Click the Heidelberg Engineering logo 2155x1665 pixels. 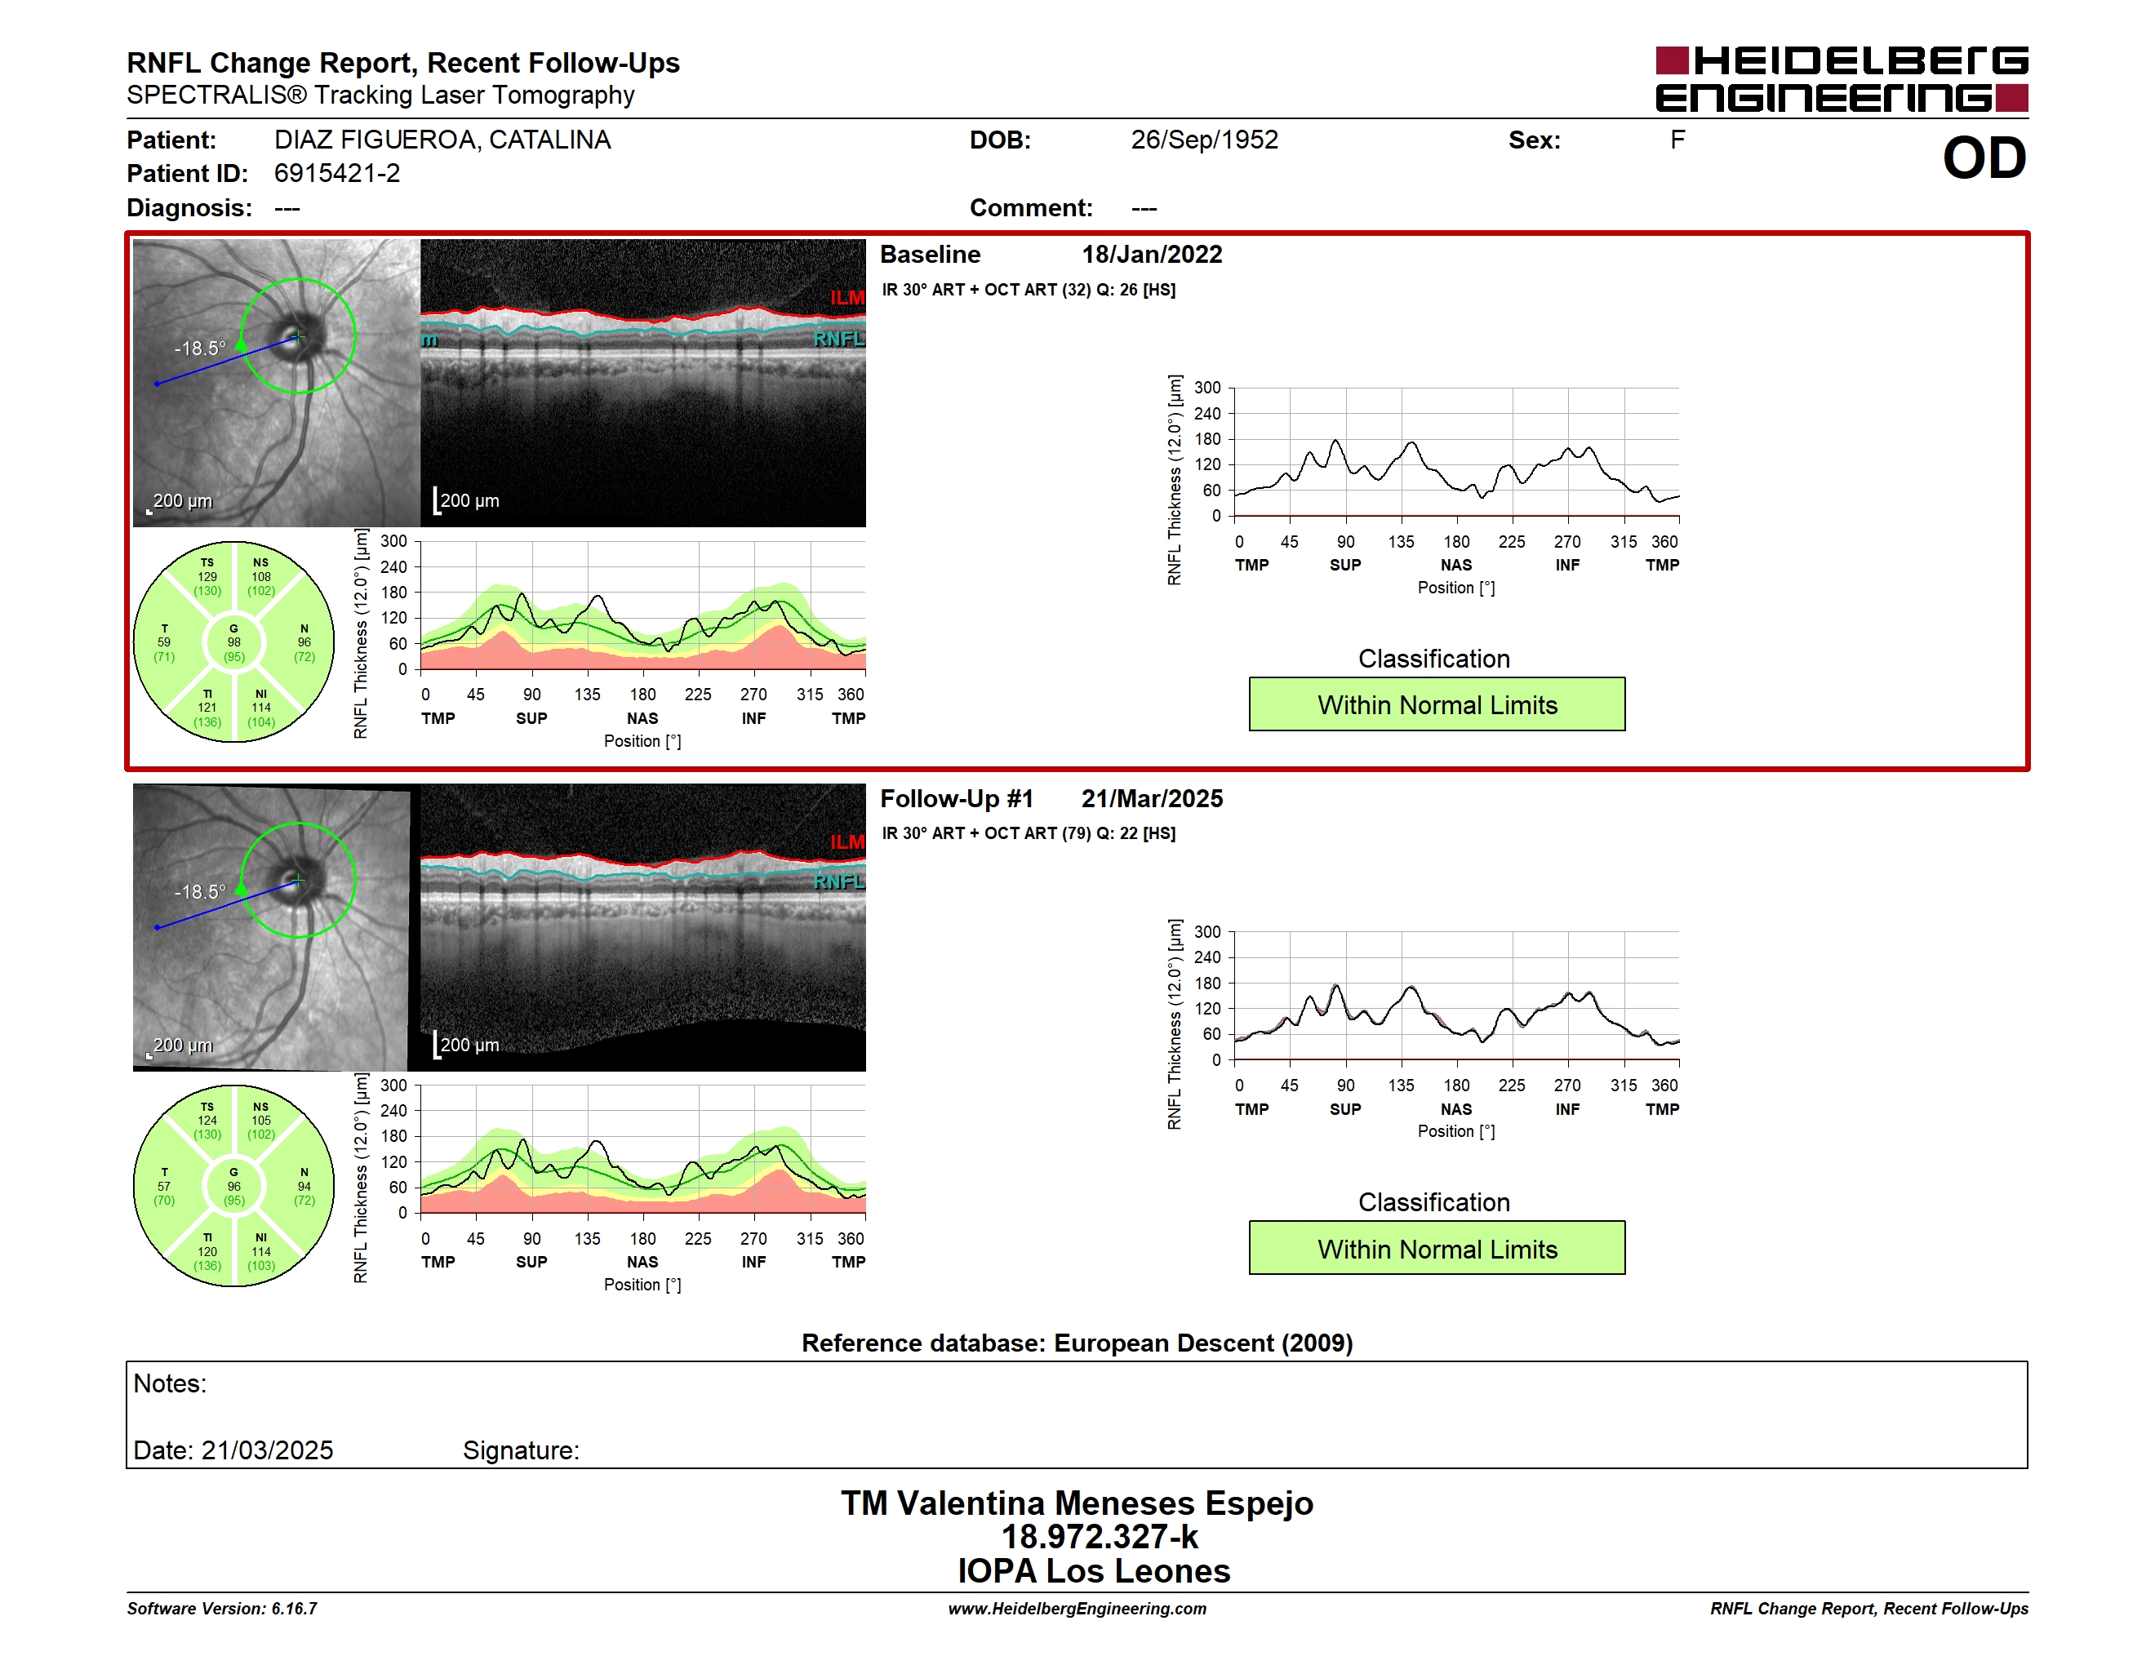pos(1842,79)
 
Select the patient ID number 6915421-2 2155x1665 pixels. pos(337,174)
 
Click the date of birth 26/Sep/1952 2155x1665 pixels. pos(1204,140)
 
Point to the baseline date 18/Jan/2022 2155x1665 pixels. pos(1152,255)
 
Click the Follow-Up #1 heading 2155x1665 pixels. pos(956,799)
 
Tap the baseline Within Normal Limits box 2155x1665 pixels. pos(1437,704)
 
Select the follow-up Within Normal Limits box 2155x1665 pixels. pos(1437,1248)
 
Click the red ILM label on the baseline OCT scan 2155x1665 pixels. pos(846,297)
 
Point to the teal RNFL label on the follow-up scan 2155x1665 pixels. pos(838,881)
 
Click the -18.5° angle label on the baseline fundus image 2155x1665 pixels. pos(199,349)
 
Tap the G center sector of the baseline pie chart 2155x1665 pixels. pos(233,642)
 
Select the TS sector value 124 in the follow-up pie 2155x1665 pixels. pos(207,1121)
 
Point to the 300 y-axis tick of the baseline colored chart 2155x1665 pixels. pos(393,541)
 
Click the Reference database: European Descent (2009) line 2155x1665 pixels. pos(1077,1343)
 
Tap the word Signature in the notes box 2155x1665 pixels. pos(521,1450)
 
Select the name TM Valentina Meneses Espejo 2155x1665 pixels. pos(1077,1503)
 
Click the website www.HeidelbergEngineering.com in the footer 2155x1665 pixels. pos(1077,1609)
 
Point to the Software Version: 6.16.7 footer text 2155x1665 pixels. pos(222,1609)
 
